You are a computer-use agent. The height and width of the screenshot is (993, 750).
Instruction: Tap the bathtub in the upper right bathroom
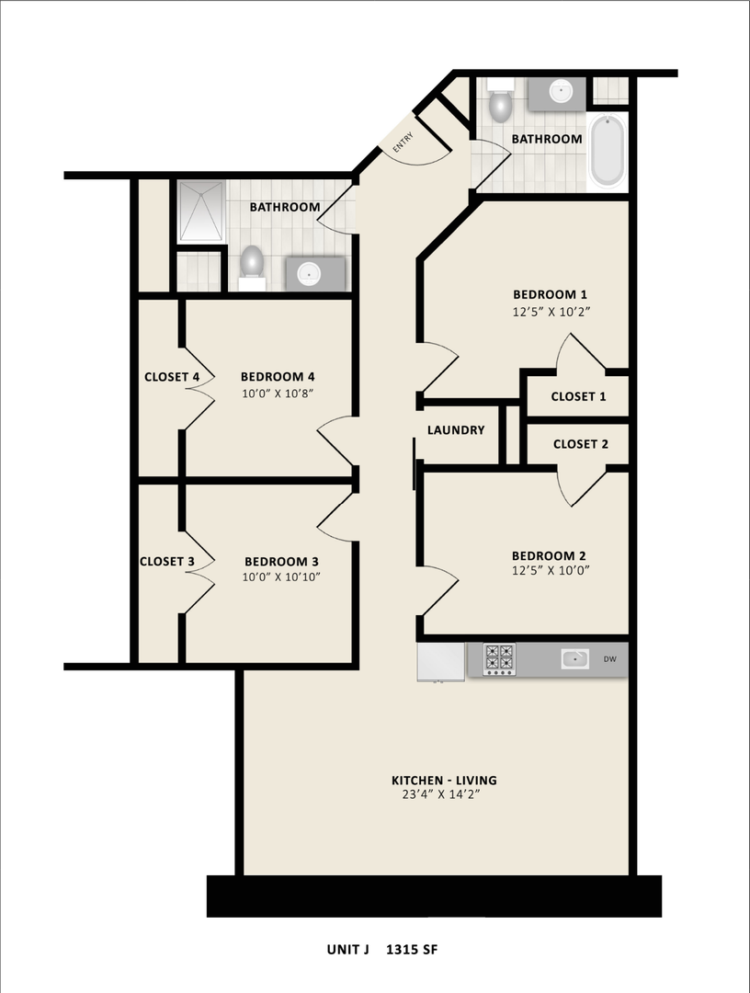[607, 151]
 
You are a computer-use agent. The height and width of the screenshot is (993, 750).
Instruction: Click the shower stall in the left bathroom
[199, 211]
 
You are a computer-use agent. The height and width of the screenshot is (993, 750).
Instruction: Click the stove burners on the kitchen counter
[500, 659]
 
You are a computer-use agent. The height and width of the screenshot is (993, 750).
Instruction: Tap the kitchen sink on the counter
[575, 658]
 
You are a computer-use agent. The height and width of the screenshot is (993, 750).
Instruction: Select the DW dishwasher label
[610, 659]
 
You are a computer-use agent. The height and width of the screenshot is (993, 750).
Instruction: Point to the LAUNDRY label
[456, 430]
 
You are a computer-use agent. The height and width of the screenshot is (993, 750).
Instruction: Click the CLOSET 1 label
[579, 396]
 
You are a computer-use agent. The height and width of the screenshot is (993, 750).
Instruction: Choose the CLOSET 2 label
[580, 444]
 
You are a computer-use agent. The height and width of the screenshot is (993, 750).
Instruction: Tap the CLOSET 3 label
[166, 561]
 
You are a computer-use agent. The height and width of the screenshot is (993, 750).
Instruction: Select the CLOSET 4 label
[172, 377]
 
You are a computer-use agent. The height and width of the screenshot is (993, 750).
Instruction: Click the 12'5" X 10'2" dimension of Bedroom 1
[550, 311]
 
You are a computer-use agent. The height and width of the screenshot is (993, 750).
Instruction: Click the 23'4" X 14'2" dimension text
[437, 796]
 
